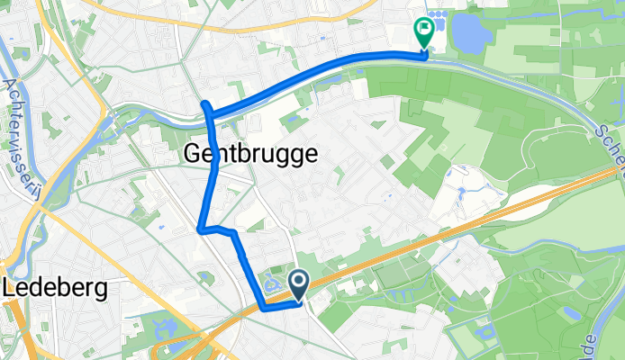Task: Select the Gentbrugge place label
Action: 249,154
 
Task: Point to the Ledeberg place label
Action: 56,289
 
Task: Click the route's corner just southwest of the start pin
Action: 263,307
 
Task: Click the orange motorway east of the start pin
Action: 432,236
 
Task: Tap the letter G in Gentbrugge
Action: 192,154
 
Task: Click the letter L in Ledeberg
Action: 11,289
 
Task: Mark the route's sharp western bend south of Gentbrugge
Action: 199,229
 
